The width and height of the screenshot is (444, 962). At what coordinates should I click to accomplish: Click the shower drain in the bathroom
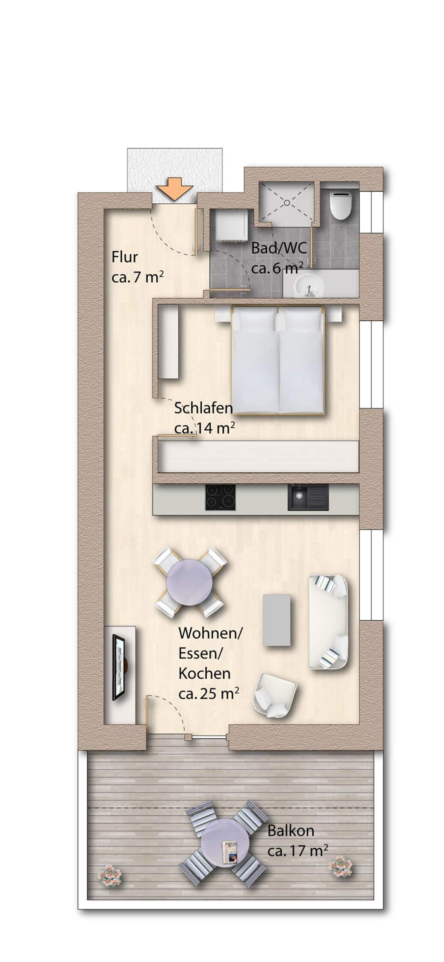pos(287,202)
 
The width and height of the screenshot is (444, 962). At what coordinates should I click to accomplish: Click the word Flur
pos(125,257)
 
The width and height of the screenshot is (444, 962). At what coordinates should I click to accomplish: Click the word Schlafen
pos(203,408)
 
